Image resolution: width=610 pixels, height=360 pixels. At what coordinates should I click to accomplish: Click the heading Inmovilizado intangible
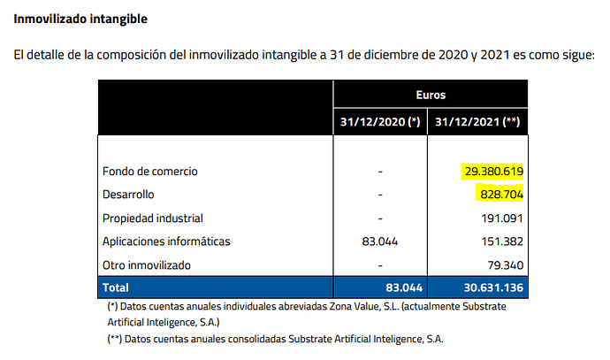point(80,19)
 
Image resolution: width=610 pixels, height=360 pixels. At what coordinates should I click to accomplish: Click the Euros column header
point(431,93)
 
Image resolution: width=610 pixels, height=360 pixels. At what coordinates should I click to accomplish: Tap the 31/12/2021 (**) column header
point(477,121)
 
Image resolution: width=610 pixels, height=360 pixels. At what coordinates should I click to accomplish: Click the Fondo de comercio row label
point(150,171)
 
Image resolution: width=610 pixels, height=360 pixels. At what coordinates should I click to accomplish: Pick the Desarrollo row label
point(133,194)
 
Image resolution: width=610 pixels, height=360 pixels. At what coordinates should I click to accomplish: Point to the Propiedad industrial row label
point(153,218)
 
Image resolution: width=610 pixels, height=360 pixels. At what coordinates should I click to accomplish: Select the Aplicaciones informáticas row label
point(165,241)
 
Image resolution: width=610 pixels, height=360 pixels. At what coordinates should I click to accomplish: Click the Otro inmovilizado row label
point(146,264)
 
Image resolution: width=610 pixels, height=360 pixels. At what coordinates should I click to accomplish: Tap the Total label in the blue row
point(117,287)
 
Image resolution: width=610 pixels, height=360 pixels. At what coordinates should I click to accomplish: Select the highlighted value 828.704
point(499,194)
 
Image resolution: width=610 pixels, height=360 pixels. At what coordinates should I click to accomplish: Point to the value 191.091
point(499,218)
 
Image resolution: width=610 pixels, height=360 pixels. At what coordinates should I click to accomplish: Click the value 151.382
point(499,241)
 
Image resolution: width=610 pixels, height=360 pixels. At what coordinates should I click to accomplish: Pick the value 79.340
point(503,264)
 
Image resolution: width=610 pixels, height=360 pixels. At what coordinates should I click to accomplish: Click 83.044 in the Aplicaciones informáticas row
point(380,241)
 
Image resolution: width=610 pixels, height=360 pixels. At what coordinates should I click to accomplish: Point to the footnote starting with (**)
point(274,339)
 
